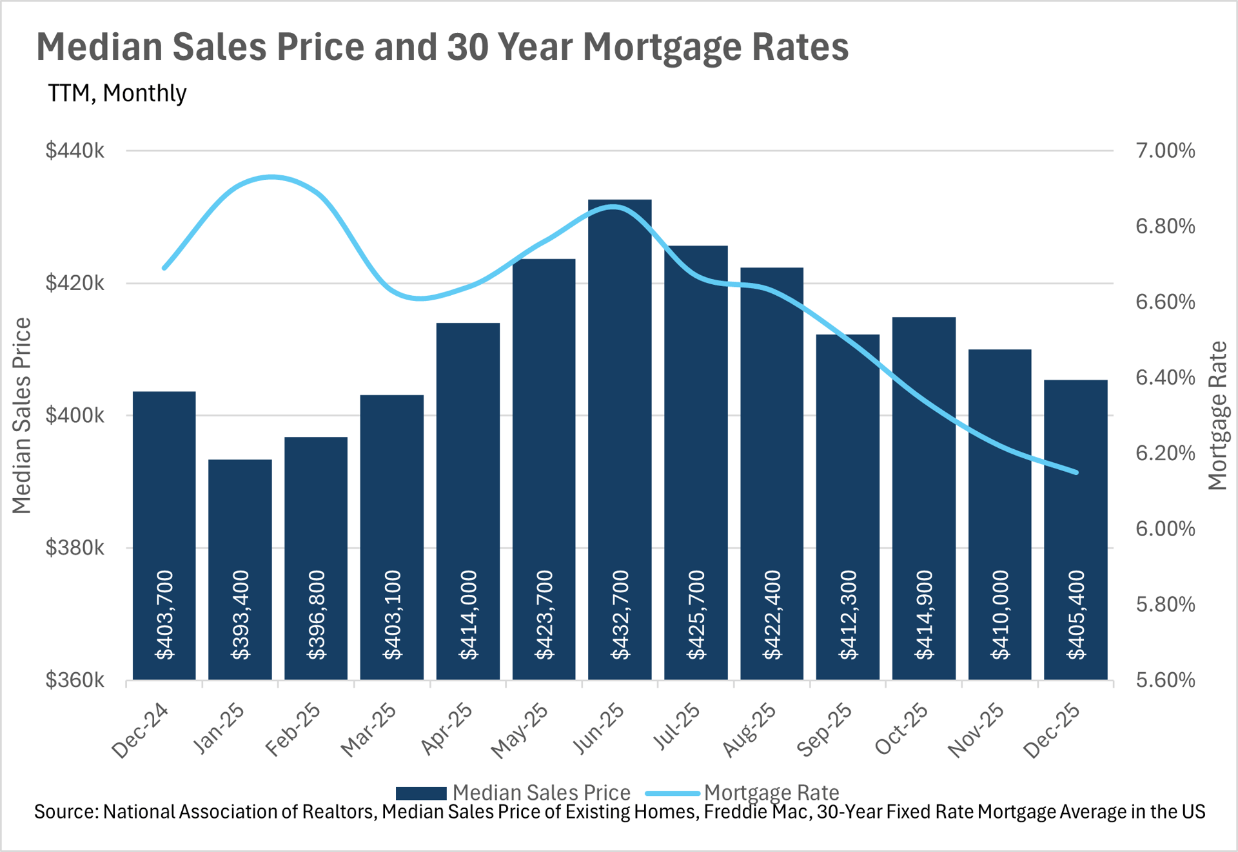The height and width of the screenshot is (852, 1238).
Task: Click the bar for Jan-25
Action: coord(240,516)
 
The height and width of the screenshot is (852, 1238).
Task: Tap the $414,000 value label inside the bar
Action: coord(468,615)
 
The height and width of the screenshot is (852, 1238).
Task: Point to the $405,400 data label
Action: coord(1076,615)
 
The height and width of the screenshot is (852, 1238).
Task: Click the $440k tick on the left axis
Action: coord(75,151)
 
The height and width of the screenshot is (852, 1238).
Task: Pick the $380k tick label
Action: coord(75,548)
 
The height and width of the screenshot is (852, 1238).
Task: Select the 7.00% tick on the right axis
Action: coord(1165,151)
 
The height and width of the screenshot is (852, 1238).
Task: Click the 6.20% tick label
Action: coord(1165,453)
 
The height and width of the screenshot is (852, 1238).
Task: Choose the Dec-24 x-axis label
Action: coord(140,731)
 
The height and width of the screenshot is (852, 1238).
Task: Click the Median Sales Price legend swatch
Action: coord(420,793)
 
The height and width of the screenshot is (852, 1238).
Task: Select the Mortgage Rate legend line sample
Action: coord(673,793)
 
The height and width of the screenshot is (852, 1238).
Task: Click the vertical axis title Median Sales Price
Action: coord(22,416)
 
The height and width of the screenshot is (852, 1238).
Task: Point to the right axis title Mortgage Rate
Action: coord(1217,416)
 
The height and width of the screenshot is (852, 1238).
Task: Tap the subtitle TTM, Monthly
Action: coord(117,93)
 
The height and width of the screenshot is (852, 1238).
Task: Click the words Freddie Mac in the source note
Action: coord(757,811)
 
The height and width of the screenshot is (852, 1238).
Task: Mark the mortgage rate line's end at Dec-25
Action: coord(1076,472)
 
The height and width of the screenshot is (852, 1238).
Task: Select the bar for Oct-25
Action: coord(923,496)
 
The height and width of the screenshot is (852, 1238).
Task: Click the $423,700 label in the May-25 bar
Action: coord(544,615)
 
